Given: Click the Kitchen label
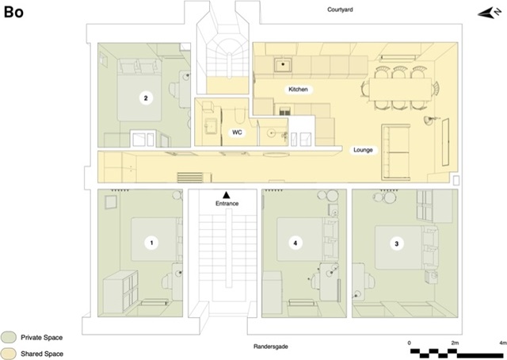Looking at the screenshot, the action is (x=298, y=90).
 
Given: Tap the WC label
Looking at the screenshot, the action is (x=237, y=132).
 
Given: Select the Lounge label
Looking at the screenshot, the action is (x=363, y=150).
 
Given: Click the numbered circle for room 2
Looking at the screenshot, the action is (x=146, y=98).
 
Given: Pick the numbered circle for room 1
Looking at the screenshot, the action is (x=151, y=243).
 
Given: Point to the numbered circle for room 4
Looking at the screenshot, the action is (x=295, y=243).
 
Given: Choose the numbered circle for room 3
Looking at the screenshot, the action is (x=397, y=243).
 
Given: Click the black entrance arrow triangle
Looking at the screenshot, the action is (x=227, y=194).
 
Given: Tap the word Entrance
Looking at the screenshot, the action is (x=227, y=203).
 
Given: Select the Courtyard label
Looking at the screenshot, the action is (x=340, y=10).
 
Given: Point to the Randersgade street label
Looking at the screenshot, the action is (x=271, y=347).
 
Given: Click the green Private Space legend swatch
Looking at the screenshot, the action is (x=9, y=337).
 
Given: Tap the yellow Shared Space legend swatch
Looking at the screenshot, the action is (x=9, y=354).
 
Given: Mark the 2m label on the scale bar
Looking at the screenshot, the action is (x=455, y=343).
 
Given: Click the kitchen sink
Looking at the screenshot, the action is (x=283, y=65).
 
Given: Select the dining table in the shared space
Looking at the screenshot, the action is (x=401, y=90).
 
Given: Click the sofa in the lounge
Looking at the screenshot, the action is (x=396, y=151).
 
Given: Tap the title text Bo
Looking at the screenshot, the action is (x=13, y=12).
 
